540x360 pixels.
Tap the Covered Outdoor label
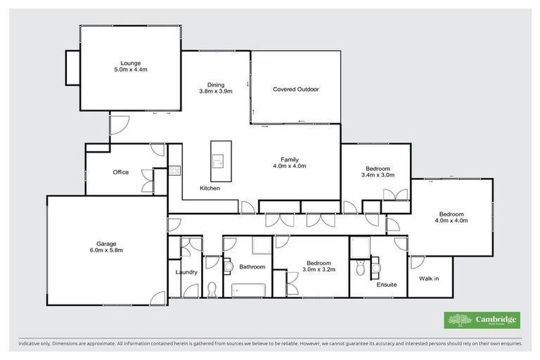coord(296,89)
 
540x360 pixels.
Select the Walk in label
coord(428,279)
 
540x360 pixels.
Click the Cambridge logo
coord(481,321)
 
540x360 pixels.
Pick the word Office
coord(120,172)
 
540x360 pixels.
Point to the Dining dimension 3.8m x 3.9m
coord(215,91)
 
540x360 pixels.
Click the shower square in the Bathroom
coord(259,245)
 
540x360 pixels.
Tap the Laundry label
coord(186,272)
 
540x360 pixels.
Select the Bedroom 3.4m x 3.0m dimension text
coord(376,175)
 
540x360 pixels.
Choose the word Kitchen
coord(210,188)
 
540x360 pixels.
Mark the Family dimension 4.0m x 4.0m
coord(289,166)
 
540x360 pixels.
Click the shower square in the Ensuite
coord(360,246)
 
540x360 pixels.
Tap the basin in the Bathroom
coord(229,266)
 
